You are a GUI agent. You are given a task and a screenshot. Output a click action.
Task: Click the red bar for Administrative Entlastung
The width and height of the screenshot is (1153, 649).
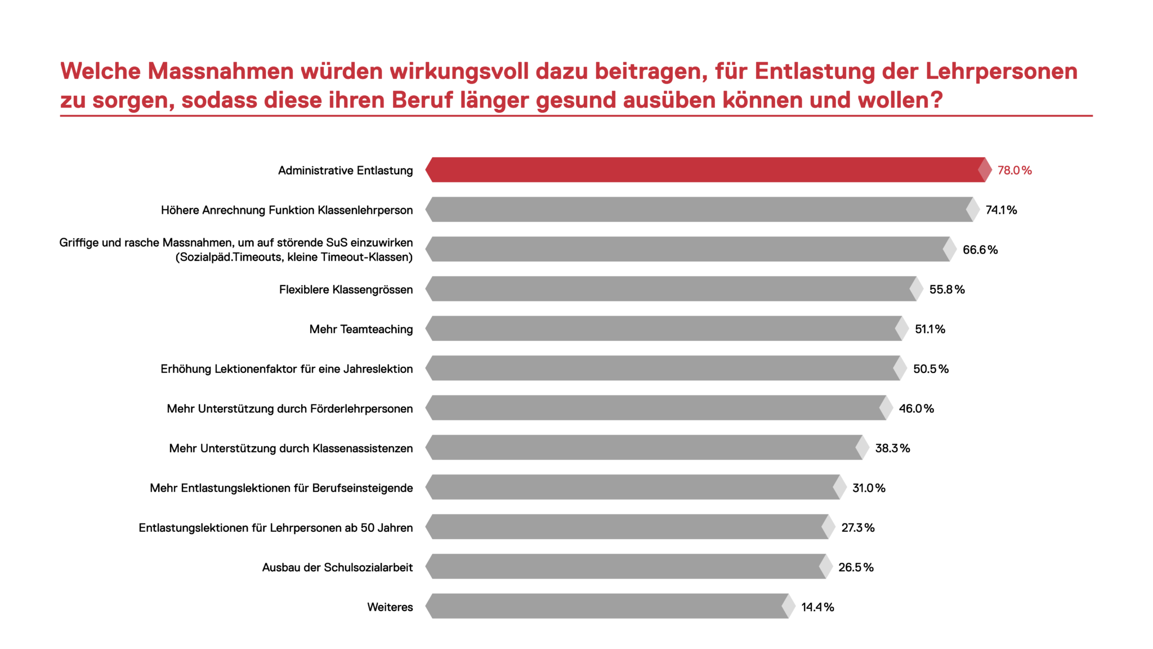pyautogui.click(x=704, y=170)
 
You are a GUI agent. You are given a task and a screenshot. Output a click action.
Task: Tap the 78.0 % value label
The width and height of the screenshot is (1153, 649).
pyautogui.click(x=1015, y=170)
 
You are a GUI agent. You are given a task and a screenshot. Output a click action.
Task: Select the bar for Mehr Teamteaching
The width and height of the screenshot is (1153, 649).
pyautogui.click(x=664, y=328)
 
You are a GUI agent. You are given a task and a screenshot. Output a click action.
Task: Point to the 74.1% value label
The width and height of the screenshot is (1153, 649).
pyautogui.click(x=1001, y=210)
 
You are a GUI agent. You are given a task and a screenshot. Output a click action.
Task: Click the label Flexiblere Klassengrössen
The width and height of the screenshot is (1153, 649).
pyautogui.click(x=346, y=290)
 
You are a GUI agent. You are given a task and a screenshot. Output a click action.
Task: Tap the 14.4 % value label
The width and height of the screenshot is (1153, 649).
pyautogui.click(x=817, y=607)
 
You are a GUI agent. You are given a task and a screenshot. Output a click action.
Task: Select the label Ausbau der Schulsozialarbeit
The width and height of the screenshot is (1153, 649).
pyautogui.click(x=337, y=567)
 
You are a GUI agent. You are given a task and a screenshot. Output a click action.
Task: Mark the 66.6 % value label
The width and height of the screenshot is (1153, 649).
pyautogui.click(x=980, y=250)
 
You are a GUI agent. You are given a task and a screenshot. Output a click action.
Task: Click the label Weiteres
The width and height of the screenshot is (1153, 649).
pyautogui.click(x=390, y=607)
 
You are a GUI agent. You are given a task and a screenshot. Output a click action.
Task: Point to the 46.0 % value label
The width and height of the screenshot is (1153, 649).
pyautogui.click(x=916, y=408)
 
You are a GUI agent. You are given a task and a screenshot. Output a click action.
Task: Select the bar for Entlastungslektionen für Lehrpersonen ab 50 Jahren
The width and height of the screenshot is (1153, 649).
pyautogui.click(x=625, y=527)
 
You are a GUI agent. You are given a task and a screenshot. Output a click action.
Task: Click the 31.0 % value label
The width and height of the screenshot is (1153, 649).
pyautogui.click(x=869, y=488)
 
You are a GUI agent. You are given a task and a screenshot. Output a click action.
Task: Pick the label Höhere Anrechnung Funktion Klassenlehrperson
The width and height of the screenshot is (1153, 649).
pyautogui.click(x=287, y=210)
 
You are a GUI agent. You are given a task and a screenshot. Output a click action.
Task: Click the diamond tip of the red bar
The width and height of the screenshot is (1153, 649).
pyautogui.click(x=985, y=170)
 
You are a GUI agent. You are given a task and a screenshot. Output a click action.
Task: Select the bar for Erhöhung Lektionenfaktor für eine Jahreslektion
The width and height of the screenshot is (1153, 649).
pyautogui.click(x=662, y=368)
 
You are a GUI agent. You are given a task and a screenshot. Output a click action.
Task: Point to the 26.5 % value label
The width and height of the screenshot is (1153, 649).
pyautogui.click(x=856, y=567)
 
